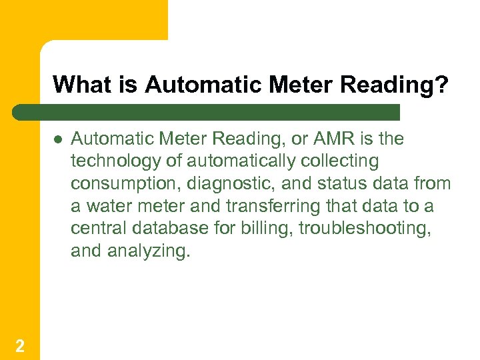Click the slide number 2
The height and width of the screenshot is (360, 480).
[x=20, y=345]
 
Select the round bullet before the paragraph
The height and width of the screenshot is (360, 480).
[x=58, y=139]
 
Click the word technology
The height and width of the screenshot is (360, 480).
[x=109, y=161]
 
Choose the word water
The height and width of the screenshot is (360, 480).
[x=105, y=207]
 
